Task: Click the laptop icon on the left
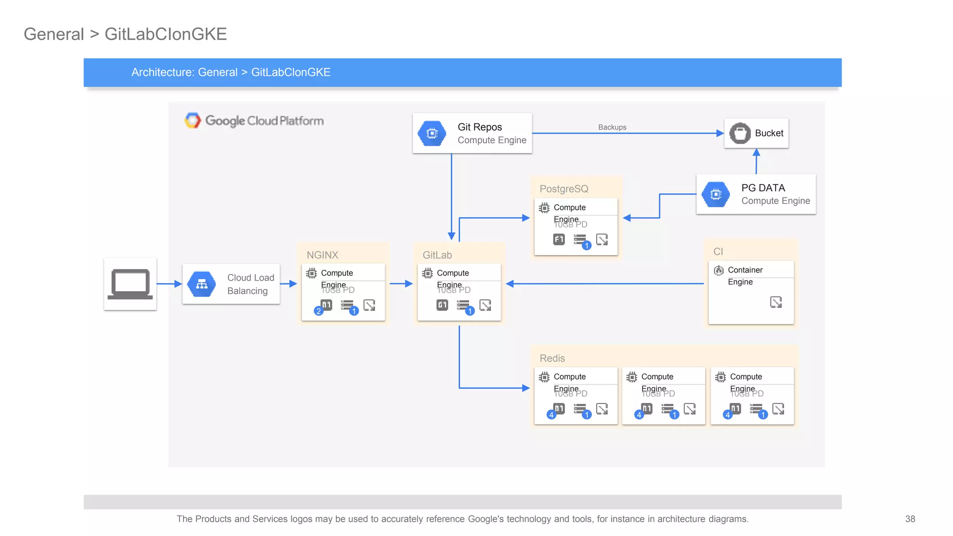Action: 130,284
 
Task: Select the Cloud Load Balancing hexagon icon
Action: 201,284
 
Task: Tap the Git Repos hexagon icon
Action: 432,134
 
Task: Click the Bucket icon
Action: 740,134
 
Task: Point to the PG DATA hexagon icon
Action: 716,194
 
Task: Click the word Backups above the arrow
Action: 612,127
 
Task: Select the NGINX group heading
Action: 322,255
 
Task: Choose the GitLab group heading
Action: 437,255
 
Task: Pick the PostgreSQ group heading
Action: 564,189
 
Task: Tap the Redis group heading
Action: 552,358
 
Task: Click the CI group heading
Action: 718,252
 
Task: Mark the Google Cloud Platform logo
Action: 254,121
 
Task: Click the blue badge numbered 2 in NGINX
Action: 319,311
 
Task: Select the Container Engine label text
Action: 745,276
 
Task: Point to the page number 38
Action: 910,519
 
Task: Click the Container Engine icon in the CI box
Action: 719,270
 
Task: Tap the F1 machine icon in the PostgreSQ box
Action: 559,240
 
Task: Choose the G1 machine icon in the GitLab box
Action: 442,305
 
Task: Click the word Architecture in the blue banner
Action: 162,73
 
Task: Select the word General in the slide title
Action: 54,34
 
